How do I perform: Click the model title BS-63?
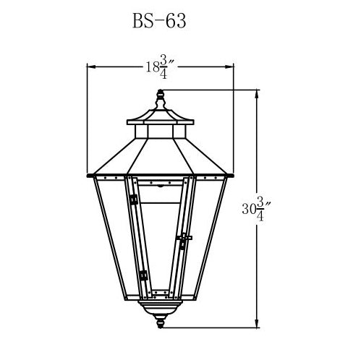point(159,21)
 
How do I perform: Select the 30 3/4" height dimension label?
point(257,209)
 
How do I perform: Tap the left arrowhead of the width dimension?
point(92,67)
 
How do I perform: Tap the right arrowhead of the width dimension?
point(229,67)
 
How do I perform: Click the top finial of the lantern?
point(160,100)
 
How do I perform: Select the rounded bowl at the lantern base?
point(160,308)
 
